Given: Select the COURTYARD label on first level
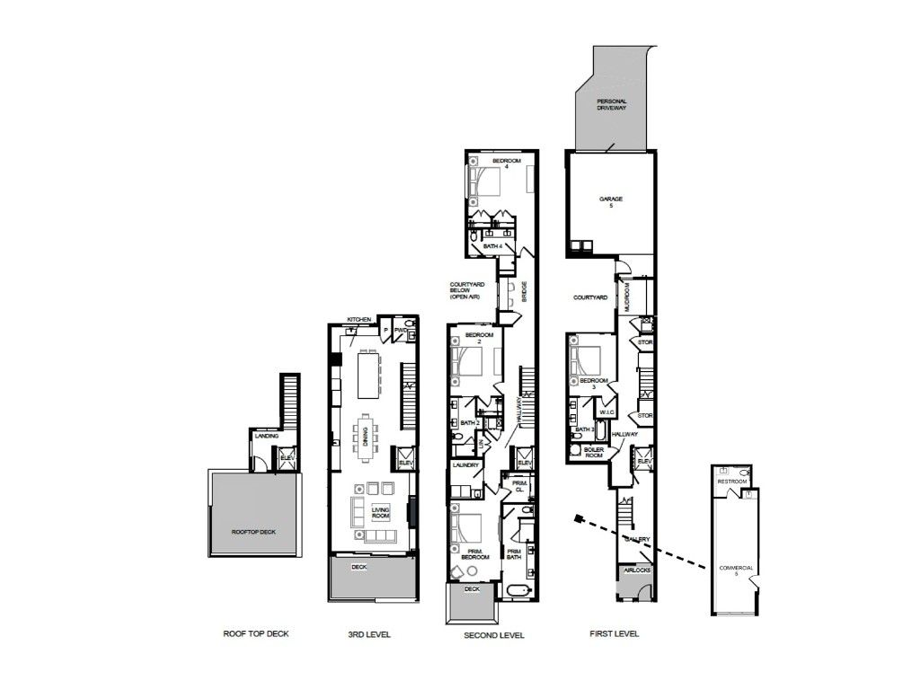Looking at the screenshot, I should coord(591,296).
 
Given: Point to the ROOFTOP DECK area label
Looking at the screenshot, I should coord(253,532).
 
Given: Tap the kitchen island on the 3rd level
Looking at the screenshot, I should coord(368,375).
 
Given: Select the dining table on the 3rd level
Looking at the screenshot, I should coord(367,435).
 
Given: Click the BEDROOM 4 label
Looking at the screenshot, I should coord(506,163).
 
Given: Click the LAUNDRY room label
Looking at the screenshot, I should coord(464,465).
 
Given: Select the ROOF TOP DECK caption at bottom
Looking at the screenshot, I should coord(256,633).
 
